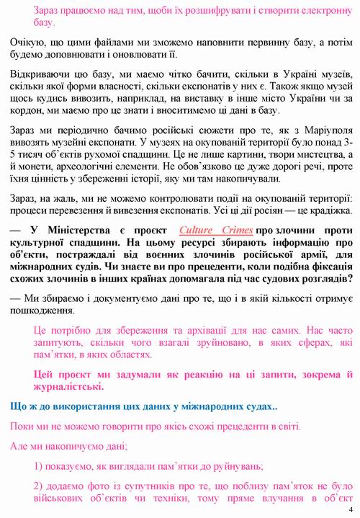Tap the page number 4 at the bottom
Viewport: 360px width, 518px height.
(351, 511)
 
